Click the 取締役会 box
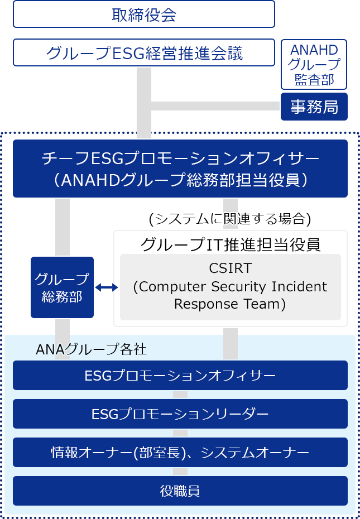(144, 14)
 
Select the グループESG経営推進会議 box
(144, 52)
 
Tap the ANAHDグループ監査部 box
(314, 64)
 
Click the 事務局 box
(314, 107)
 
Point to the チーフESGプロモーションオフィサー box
(180, 159)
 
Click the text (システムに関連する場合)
(229, 218)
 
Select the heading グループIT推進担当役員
(230, 244)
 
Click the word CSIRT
(230, 268)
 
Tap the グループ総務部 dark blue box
(62, 287)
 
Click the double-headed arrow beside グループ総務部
(107, 287)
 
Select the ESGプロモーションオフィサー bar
(180, 375)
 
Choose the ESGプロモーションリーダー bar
(180, 414)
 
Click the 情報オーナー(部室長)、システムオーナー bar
(180, 452)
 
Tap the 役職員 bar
(180, 491)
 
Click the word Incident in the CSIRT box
(299, 287)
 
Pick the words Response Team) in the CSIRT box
(230, 305)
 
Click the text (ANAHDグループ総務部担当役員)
(180, 180)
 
